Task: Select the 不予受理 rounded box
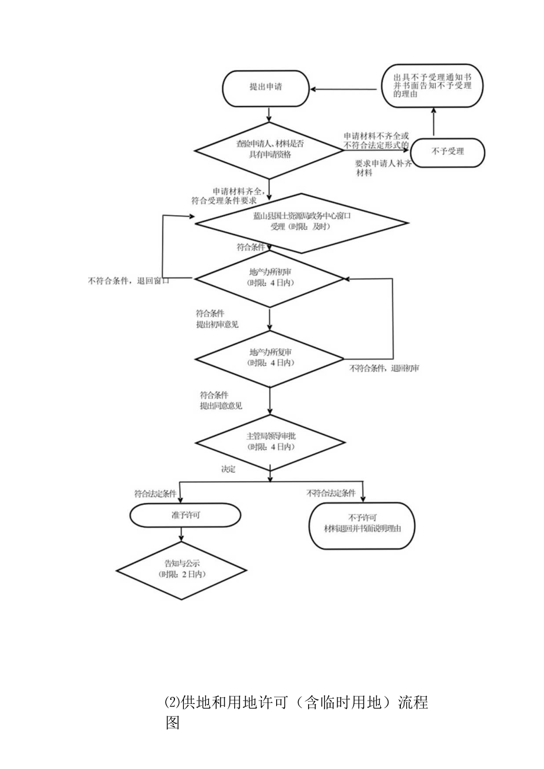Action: [x=448, y=152]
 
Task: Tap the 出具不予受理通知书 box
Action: [x=431, y=86]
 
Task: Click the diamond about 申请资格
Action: [x=270, y=148]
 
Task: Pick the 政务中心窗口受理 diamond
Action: [x=302, y=222]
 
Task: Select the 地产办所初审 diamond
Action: [x=270, y=278]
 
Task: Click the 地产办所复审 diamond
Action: [x=270, y=358]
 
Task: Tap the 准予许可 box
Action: [x=185, y=515]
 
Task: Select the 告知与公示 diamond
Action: [x=182, y=569]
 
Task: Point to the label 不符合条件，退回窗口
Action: [x=128, y=281]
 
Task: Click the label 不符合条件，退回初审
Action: [x=384, y=368]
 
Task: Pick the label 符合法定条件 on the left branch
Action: [x=155, y=493]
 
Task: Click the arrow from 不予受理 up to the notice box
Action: [x=433, y=122]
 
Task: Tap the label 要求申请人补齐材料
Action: [x=382, y=168]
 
